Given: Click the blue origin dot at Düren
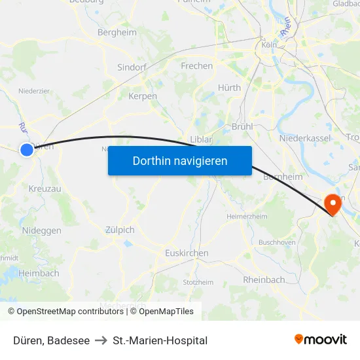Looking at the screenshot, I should (27, 150).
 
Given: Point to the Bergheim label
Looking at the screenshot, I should (116, 32).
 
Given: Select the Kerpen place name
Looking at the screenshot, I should (143, 96).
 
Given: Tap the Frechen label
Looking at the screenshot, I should (196, 66).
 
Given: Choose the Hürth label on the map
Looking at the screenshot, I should (229, 88).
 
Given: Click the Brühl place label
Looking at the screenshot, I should (242, 126).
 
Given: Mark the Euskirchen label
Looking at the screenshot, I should (187, 253).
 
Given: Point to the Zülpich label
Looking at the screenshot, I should (120, 230).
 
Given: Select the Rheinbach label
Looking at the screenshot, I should (264, 279).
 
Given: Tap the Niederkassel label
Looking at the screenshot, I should (304, 139).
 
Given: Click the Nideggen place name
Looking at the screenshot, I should (42, 231).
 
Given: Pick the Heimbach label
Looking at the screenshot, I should (39, 273).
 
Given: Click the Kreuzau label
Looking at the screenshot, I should (45, 189).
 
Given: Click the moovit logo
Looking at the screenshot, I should (321, 340).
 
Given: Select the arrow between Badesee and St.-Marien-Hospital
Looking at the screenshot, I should (101, 340).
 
